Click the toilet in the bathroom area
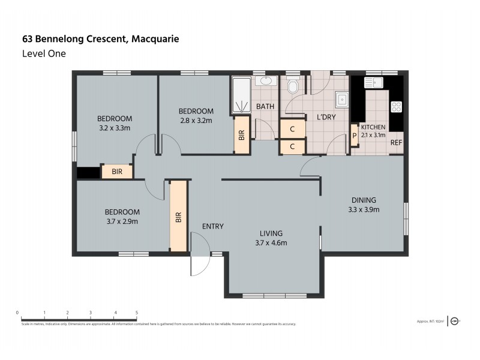pos(293,88)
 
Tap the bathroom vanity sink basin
pos(265,81)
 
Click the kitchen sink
pos(377,83)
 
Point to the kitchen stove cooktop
pos(397,107)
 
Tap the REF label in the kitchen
pos(396,143)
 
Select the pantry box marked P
pos(354,135)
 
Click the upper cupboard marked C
pos(292,129)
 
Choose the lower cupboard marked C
pos(292,146)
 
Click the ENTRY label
pos(212,226)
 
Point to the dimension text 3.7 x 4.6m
pos(271,243)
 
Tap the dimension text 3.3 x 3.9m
pos(364,210)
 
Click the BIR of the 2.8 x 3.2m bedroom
pos(242,136)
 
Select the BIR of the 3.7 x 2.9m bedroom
pos(178,216)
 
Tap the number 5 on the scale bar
pos(137,313)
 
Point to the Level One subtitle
pos(43,53)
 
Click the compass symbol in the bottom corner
pos(455,321)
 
